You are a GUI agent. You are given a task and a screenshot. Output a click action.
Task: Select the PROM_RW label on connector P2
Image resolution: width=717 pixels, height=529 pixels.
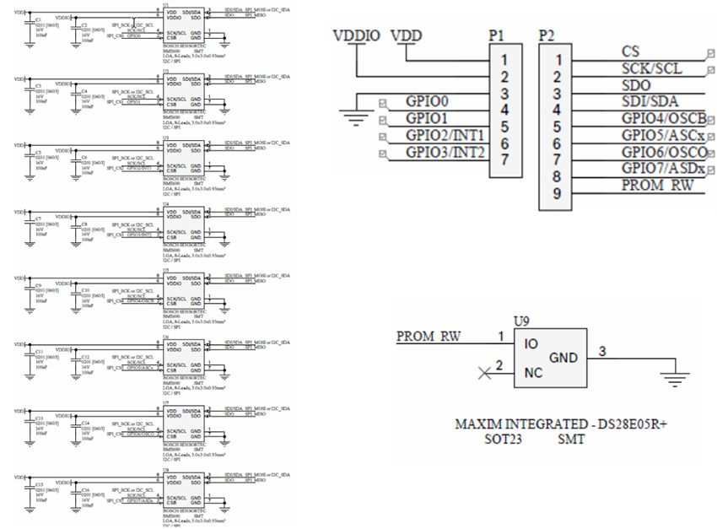tap(656, 186)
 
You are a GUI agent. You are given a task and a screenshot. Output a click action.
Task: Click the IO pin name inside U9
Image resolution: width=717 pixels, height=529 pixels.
tap(531, 344)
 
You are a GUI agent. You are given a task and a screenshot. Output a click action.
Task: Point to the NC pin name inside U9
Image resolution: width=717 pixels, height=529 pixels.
tap(533, 371)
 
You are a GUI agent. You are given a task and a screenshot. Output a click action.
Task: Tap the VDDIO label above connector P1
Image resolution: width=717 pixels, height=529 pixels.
tap(357, 35)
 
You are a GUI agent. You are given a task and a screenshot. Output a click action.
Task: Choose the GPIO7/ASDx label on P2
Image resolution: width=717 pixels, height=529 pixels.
tap(663, 169)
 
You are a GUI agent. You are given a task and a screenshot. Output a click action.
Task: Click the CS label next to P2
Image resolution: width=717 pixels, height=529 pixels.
tap(629, 52)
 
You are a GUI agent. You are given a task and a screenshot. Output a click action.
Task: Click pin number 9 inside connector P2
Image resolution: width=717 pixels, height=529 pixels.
tap(557, 193)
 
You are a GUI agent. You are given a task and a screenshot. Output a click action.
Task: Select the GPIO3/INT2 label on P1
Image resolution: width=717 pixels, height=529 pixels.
tap(445, 153)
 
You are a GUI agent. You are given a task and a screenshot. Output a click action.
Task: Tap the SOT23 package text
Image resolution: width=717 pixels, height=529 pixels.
tap(504, 440)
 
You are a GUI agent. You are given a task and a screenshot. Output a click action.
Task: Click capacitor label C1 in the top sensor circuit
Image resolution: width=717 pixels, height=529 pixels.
tap(38, 17)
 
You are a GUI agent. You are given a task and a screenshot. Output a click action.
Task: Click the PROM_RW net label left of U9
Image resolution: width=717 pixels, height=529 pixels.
tap(429, 336)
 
